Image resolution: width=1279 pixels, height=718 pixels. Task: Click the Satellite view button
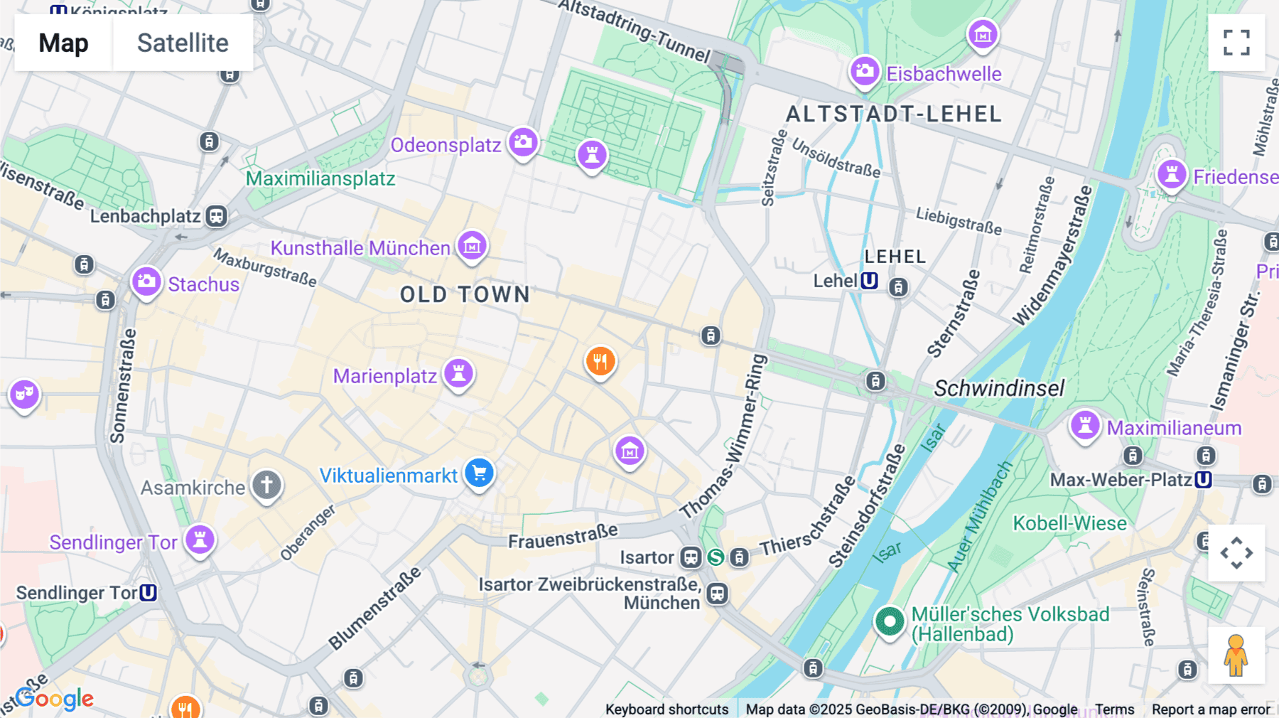pos(183,43)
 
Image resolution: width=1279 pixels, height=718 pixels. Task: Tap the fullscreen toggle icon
pos(1236,43)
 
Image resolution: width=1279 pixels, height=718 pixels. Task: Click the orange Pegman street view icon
pos(1236,655)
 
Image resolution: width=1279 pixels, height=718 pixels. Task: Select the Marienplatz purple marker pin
pos(458,373)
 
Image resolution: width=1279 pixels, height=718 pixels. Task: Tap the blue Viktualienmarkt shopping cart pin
pos(480,473)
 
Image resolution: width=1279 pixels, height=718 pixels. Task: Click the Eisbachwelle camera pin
pos(865,71)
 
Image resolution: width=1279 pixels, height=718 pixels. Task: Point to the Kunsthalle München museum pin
pos(472,246)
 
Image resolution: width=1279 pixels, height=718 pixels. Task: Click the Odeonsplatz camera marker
pos(523,142)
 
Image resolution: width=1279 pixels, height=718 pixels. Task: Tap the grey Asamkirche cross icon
pos(267,486)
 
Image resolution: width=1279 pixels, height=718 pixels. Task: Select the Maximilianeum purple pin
pos(1085,426)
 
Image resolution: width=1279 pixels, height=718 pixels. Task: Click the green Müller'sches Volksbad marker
pos(889,622)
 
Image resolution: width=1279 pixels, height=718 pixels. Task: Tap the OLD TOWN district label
pos(465,294)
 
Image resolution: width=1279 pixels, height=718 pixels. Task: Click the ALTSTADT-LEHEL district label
pos(894,114)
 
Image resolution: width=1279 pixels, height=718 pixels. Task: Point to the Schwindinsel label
pos(998,388)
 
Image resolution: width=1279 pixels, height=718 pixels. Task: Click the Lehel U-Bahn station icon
pos(869,281)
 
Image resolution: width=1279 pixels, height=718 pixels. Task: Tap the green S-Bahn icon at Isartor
pos(716,557)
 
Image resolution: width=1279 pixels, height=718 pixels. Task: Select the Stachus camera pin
pos(146,282)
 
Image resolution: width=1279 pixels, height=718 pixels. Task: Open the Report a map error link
pos(1210,709)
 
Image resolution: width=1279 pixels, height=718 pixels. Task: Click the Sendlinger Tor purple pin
pos(200,539)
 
